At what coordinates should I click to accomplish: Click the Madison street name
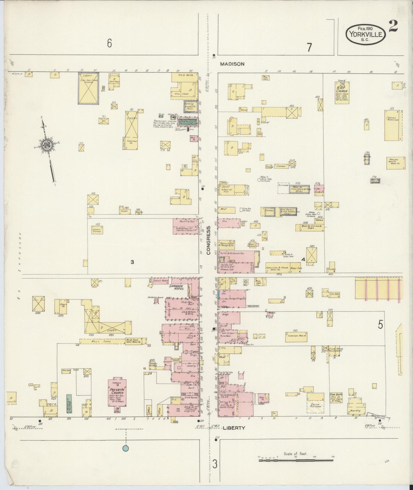click(x=232, y=64)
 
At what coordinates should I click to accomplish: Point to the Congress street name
click(x=209, y=240)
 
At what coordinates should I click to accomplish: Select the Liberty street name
click(x=234, y=428)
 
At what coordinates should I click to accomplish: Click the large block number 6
click(x=109, y=43)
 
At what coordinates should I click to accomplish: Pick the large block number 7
click(x=309, y=47)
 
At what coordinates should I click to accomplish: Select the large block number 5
click(x=380, y=325)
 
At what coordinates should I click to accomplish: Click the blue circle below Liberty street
click(x=125, y=449)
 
